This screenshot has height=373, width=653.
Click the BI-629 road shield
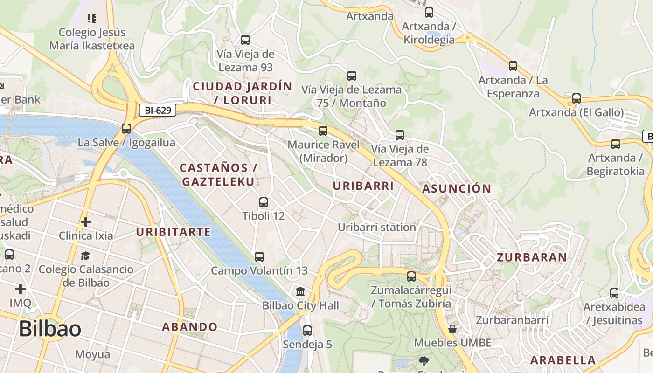coord(158,111)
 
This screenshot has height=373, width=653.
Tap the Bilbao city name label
coord(50,329)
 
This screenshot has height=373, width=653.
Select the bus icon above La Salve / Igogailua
coord(126,129)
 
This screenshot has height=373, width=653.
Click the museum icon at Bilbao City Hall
coord(301,292)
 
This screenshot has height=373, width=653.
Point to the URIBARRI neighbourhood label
coord(363,186)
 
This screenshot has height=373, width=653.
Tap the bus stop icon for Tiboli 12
coord(264,202)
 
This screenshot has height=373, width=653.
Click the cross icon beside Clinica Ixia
coord(86,222)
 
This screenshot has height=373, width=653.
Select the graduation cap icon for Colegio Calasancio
coord(85,256)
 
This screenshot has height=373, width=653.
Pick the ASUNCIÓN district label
coord(457,188)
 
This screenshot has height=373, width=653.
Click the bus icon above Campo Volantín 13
coord(259,257)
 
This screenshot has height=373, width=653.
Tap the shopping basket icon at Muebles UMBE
coord(452,330)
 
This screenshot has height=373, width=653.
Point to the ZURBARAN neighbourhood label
coord(532,257)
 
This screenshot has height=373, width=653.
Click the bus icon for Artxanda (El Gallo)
coord(577,98)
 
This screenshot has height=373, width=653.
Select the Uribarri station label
coord(376,228)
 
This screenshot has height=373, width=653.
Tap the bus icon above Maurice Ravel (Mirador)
coord(323,131)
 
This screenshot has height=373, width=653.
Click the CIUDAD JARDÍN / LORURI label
coord(242,93)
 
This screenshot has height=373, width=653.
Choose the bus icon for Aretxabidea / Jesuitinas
coord(614,293)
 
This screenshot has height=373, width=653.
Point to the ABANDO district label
coord(189,327)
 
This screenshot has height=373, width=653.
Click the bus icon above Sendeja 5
coord(307,331)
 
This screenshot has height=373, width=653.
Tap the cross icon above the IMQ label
coord(21,289)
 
